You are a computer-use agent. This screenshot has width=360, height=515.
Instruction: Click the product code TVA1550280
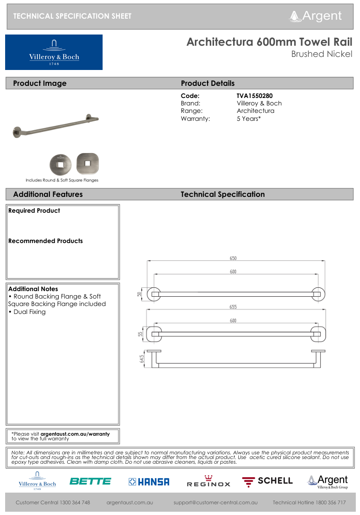pyautogui.click(x=255, y=96)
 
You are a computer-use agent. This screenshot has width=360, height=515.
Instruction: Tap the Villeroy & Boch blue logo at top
pyautogui.click(x=54, y=52)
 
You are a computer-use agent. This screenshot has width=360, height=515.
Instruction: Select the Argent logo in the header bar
pyautogui.click(x=316, y=16)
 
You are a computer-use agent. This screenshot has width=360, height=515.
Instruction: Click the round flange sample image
pyautogui.click(x=59, y=164)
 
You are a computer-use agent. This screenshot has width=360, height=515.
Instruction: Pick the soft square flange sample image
pyautogui.click(x=87, y=164)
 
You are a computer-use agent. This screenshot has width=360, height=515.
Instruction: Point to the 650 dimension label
pyautogui.click(x=233, y=258)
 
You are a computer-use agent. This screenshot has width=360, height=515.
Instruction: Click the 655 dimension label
pyautogui.click(x=233, y=307)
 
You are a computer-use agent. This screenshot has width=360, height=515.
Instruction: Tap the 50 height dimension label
pyautogui.click(x=139, y=294)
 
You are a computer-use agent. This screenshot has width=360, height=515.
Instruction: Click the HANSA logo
pyautogui.click(x=149, y=482)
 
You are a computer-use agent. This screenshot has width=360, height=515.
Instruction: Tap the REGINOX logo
pyautogui.click(x=208, y=481)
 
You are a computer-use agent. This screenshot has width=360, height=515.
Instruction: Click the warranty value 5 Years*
pyautogui.click(x=249, y=118)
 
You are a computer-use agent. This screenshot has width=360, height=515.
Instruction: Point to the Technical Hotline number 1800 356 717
pyautogui.click(x=309, y=502)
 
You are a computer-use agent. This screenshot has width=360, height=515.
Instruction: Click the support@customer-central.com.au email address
pyautogui.click(x=215, y=502)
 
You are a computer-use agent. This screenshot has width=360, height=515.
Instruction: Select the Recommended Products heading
pyautogui.click(x=46, y=241)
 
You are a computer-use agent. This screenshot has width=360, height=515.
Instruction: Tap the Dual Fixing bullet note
pyautogui.click(x=29, y=312)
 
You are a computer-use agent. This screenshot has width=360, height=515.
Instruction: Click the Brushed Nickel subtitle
pyautogui.click(x=321, y=54)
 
